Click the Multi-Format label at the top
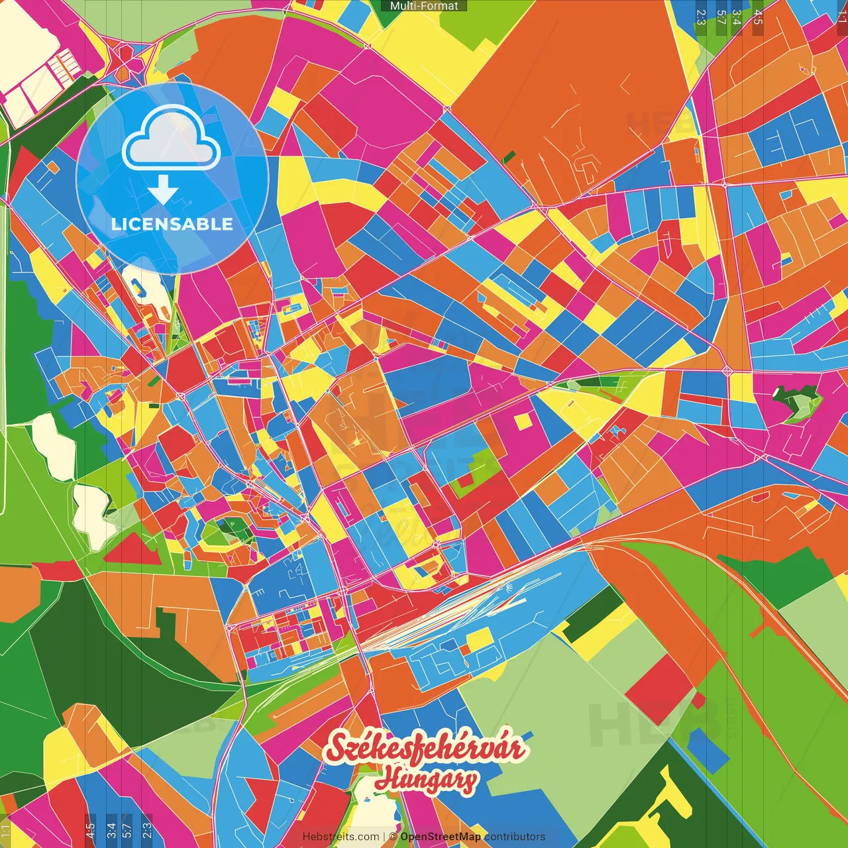(x=424, y=6)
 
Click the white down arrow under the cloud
(x=163, y=191)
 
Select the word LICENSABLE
(x=172, y=224)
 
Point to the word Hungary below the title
(x=426, y=779)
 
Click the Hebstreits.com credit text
(x=341, y=837)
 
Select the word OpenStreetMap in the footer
(x=441, y=837)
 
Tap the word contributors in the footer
(x=515, y=837)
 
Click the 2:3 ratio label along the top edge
(x=701, y=17)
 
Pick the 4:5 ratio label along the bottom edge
(x=90, y=829)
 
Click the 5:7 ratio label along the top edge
(x=721, y=17)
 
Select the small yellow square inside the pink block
(x=523, y=421)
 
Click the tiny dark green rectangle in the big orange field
(x=509, y=157)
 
